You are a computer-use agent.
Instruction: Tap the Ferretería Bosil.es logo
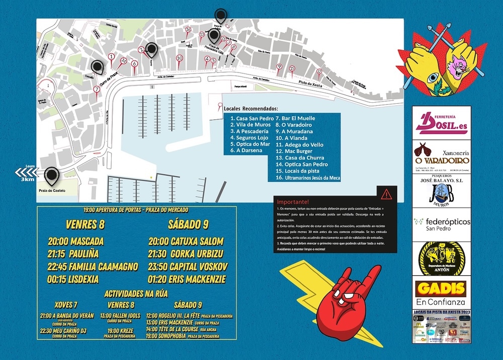coord(441,123)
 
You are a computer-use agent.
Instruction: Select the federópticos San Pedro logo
coord(441,224)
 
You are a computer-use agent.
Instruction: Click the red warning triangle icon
coord(386,194)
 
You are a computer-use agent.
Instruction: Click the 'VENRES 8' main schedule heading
coord(85,224)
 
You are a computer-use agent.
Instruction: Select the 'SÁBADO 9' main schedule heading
coord(188,224)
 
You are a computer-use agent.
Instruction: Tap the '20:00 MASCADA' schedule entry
coord(75,241)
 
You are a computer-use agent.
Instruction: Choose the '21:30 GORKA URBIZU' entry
coord(186,254)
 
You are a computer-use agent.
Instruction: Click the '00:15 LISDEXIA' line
coord(73,278)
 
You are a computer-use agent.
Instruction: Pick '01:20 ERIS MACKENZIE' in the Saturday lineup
coord(187,279)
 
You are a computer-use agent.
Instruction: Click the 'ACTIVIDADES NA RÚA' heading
coord(136,294)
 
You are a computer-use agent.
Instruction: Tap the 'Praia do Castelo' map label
coord(52,191)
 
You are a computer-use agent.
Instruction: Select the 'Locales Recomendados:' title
coord(250,109)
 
